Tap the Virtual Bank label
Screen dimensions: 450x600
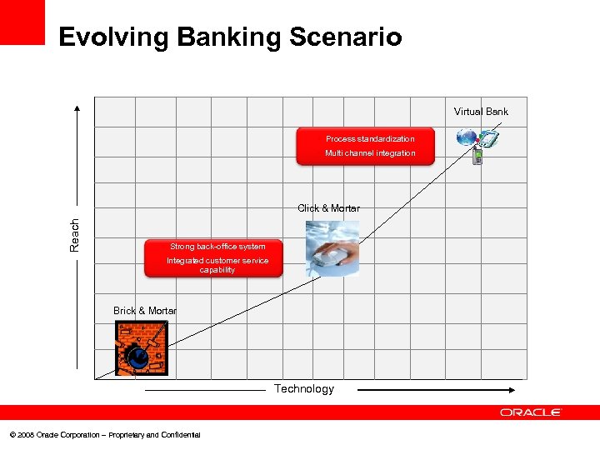[x=481, y=112]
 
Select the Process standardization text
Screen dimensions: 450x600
[x=369, y=139]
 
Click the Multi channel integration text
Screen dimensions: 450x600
[x=369, y=153]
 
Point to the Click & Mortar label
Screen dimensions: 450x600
[x=328, y=208]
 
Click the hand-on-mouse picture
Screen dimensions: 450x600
[x=332, y=248]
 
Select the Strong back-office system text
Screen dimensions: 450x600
[x=217, y=247]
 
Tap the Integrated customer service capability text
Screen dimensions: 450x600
[x=217, y=265]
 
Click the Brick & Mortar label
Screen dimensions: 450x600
[x=144, y=311]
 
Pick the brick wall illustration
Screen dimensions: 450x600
[x=141, y=348]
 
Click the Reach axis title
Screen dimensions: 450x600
[x=75, y=235]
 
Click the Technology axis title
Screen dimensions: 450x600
[x=304, y=389]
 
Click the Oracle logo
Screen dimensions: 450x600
[x=531, y=412]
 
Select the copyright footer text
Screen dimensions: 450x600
[x=105, y=435]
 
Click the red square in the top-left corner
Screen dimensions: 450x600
[x=22, y=22]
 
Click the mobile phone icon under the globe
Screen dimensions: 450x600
[x=477, y=156]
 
